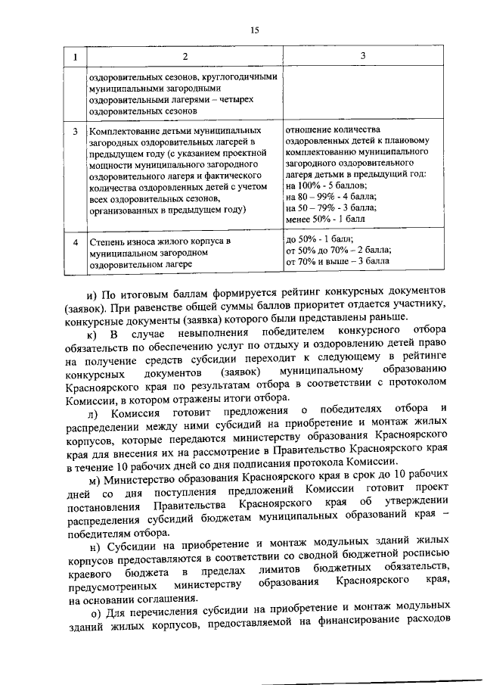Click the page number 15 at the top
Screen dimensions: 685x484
(x=255, y=30)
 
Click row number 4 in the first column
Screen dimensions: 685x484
(x=75, y=242)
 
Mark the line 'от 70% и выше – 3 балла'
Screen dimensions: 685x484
(x=337, y=260)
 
